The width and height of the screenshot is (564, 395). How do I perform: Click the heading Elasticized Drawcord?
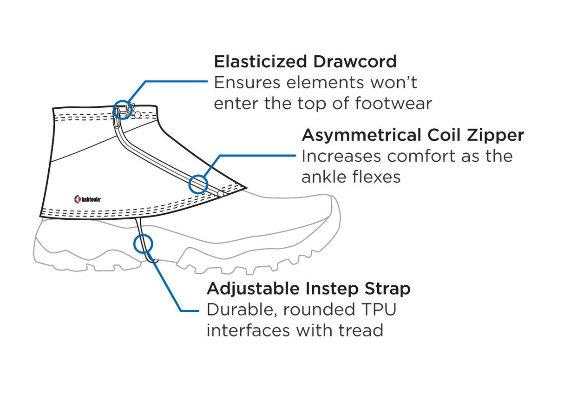click(x=305, y=62)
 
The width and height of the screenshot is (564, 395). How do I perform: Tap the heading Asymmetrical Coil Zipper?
click(x=413, y=135)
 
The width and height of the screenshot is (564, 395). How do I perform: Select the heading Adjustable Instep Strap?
click(x=308, y=289)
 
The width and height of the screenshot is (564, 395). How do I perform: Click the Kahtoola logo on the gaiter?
click(x=88, y=199)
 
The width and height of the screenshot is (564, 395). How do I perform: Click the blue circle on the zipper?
click(x=198, y=184)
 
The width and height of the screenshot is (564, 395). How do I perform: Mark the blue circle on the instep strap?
click(x=143, y=244)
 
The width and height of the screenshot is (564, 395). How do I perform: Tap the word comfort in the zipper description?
click(x=420, y=156)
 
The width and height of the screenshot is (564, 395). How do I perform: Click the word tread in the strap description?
click(x=361, y=330)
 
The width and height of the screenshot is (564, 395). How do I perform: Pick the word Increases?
click(x=341, y=156)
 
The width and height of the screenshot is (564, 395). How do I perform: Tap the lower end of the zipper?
click(x=220, y=192)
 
